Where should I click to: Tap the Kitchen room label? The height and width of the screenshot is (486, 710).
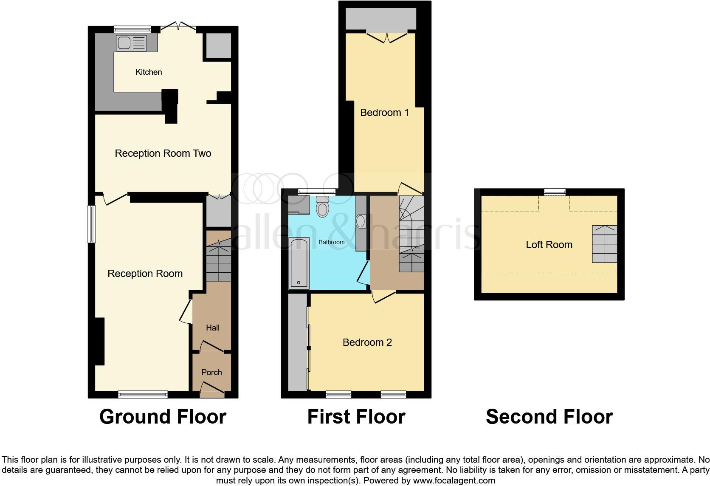point(149,72)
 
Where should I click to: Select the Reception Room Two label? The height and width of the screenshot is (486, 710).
point(163,153)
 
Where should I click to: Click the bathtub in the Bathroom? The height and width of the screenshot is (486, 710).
point(299,263)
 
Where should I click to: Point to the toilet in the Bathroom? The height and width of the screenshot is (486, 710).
point(323,207)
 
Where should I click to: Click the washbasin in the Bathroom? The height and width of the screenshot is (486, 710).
point(360,221)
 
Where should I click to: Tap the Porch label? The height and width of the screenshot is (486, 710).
point(211,373)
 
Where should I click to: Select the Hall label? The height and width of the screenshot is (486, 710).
point(213,328)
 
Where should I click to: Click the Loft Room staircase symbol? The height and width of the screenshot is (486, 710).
point(605,244)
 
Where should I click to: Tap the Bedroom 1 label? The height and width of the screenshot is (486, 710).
point(384,113)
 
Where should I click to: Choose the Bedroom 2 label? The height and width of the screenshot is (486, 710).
point(367,342)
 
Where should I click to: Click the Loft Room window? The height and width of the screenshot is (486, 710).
point(555,192)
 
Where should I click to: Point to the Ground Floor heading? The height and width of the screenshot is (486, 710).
point(163,417)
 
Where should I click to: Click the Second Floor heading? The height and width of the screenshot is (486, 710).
point(549,417)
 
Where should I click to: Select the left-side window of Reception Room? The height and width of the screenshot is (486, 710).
point(91,224)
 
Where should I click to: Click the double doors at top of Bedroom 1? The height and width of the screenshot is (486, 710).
point(387,37)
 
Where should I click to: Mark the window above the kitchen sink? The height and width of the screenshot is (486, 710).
point(132,29)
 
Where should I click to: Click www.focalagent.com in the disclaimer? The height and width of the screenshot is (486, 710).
point(454,481)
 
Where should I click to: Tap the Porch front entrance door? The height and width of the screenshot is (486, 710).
point(212,388)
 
